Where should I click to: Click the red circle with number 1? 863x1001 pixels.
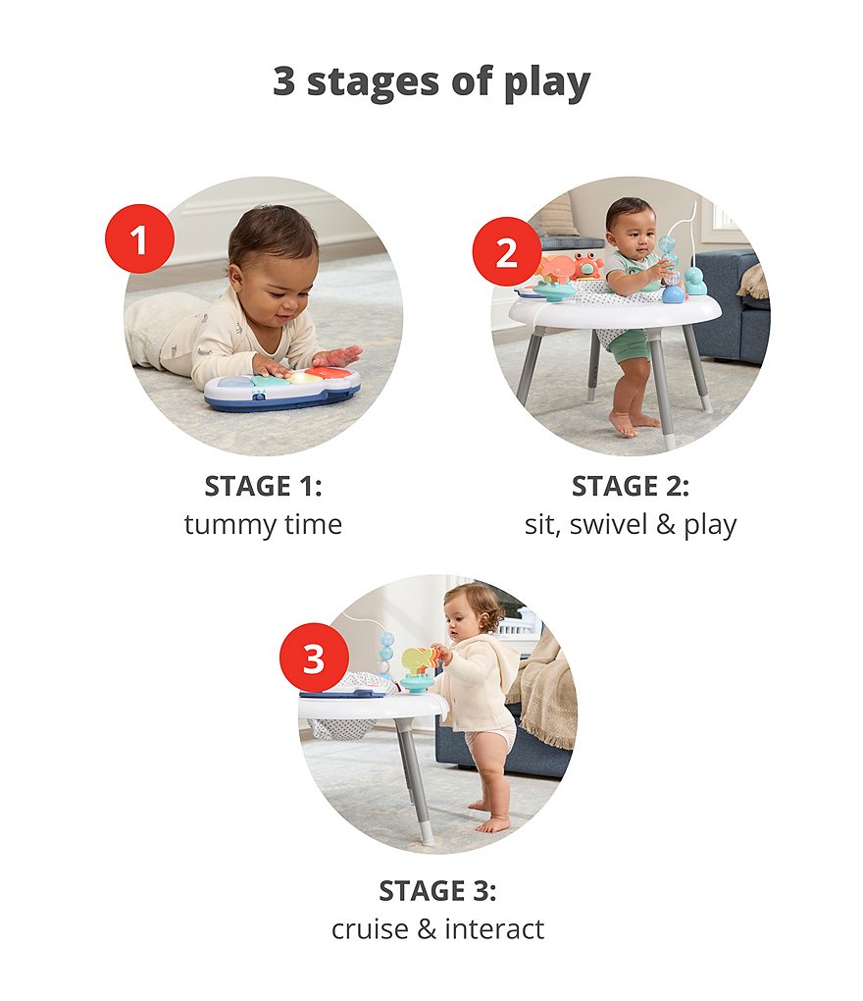point(139,238)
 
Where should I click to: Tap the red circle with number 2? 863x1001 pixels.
point(506,251)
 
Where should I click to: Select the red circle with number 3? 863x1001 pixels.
point(315,658)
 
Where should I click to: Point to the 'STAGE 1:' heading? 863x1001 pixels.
point(263,486)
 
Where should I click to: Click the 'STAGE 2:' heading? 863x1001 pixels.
point(631,486)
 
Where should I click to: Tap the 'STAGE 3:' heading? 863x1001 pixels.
point(437,890)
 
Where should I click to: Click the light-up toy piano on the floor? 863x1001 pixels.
point(282,389)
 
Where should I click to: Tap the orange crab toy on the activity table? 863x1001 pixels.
point(586,264)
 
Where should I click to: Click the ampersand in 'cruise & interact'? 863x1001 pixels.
point(427,929)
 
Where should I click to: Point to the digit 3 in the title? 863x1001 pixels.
point(283,81)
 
